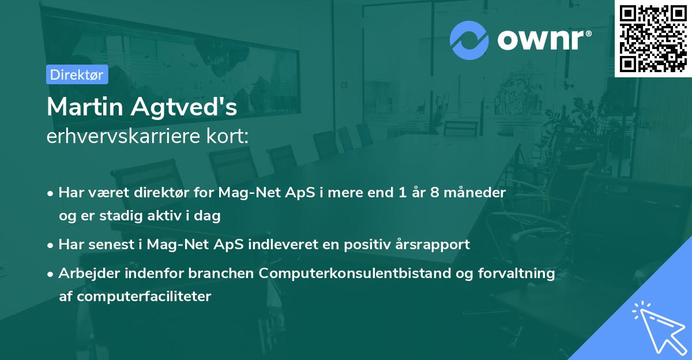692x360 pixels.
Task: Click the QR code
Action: pos(653,39)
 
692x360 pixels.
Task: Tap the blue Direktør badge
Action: pos(77,74)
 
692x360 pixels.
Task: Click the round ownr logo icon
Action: pos(469,40)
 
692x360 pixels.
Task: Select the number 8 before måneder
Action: pos(434,193)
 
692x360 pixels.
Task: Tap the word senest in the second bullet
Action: pos(110,245)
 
